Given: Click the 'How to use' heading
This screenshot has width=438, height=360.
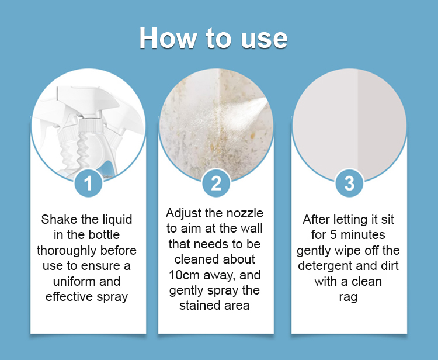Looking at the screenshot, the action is pyautogui.click(x=213, y=38).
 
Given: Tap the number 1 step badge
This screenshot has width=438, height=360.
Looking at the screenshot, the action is pyautogui.click(x=88, y=184).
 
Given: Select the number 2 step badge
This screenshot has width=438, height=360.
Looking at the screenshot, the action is pyautogui.click(x=216, y=184).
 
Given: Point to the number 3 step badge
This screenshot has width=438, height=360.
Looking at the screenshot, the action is pyautogui.click(x=349, y=184).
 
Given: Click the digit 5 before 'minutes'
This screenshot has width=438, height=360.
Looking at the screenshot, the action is pyautogui.click(x=333, y=235).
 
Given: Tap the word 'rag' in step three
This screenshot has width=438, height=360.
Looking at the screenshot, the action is pyautogui.click(x=348, y=297).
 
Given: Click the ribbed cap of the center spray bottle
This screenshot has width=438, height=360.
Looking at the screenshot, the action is pyautogui.click(x=89, y=126).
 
